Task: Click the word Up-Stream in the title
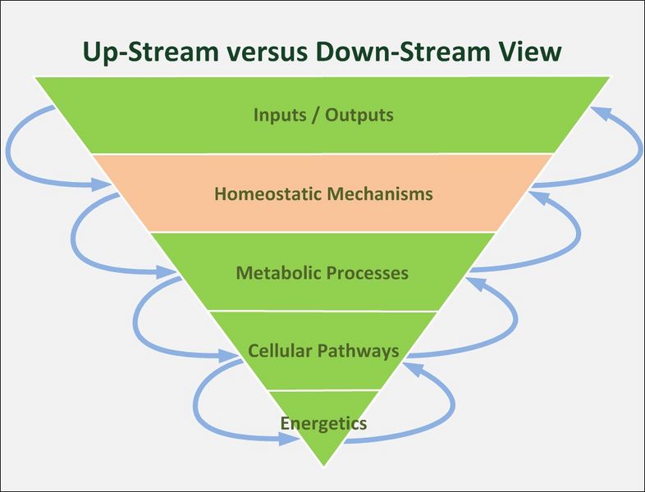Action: [150, 52]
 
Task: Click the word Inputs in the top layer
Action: [280, 115]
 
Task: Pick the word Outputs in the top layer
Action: [359, 115]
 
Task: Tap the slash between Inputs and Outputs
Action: [315, 115]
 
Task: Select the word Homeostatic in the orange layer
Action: [267, 194]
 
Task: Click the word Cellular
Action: [280, 351]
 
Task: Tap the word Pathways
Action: [359, 352]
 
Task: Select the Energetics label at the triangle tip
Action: [323, 423]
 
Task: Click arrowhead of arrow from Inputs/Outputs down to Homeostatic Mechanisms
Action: [101, 184]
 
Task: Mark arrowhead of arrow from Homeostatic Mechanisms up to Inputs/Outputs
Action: [601, 112]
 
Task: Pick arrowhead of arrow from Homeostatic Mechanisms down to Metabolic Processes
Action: [166, 271]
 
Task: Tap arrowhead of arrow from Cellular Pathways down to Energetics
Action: [290, 439]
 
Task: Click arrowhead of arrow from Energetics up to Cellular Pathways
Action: [414, 368]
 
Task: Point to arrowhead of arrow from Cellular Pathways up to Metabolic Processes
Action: [476, 283]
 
